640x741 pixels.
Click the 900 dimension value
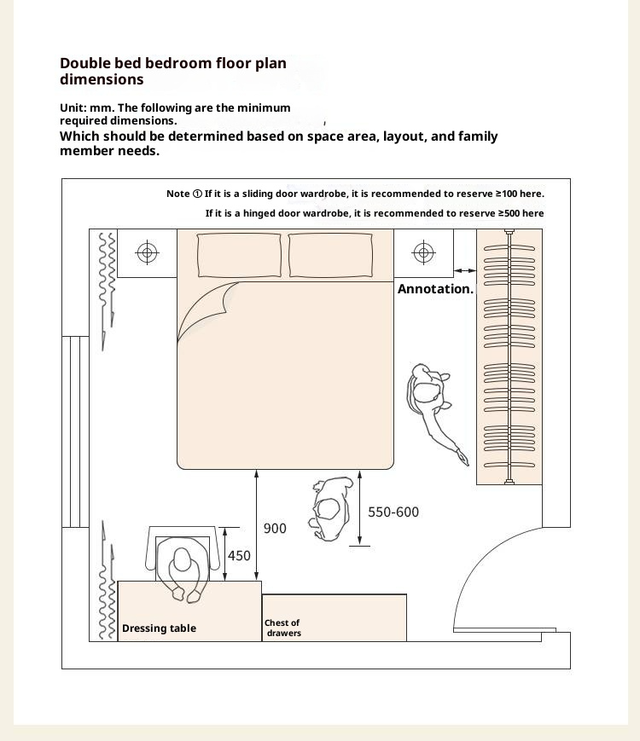275,529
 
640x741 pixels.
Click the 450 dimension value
240,556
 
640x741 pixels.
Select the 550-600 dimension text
393,512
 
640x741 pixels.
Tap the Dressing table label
159,628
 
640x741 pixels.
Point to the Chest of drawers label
282,628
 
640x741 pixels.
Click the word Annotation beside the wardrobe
434,289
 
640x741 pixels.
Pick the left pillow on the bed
240,255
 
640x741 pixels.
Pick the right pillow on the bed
330,255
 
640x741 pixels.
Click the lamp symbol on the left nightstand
148,252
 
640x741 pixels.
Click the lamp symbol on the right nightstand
423,252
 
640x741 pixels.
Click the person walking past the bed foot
332,507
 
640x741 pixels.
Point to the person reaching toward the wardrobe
432,403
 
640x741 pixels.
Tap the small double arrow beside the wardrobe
465,270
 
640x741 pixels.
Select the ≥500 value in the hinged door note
509,213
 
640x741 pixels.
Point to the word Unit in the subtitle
72,108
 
